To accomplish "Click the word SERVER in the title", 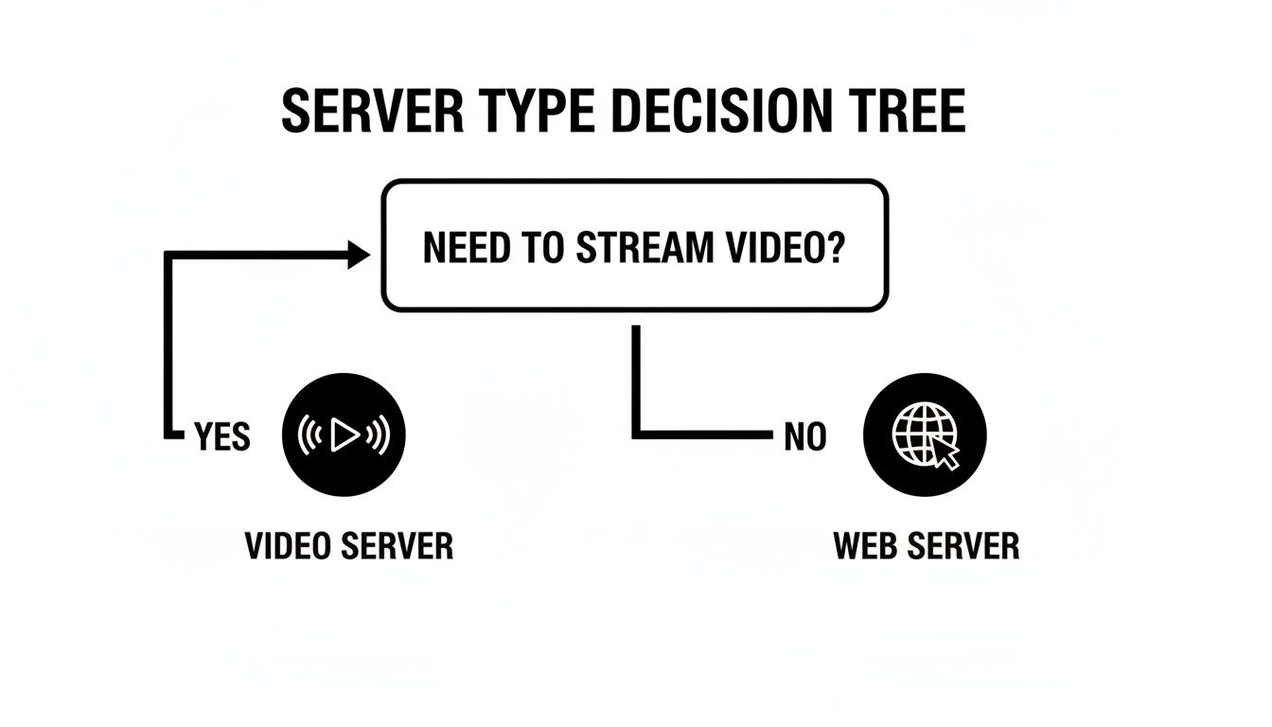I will click(x=372, y=113).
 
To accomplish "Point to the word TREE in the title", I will click(x=909, y=113).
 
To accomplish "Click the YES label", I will click(x=222, y=437).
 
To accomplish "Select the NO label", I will click(x=805, y=437).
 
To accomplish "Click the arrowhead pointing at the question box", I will click(x=360, y=254).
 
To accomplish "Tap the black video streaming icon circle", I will click(x=344, y=435).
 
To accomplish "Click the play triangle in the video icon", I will click(x=345, y=435).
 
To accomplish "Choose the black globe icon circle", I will click(x=926, y=435).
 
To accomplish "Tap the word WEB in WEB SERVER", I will click(x=865, y=546).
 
